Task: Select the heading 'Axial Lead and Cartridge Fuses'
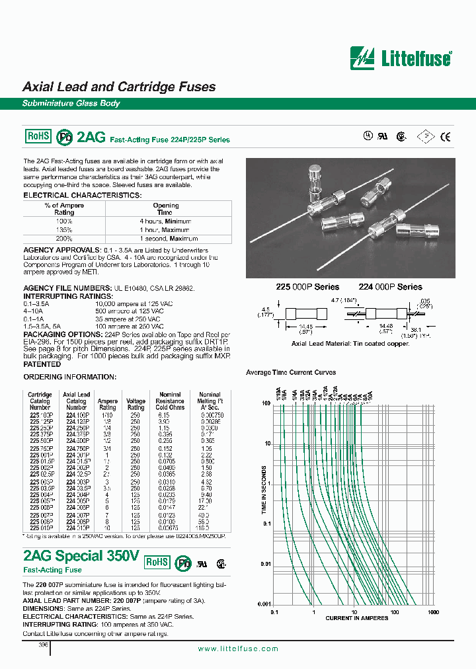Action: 119,87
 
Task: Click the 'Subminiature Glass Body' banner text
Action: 71,104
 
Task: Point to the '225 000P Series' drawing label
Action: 307,287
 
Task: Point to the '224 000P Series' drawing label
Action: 390,287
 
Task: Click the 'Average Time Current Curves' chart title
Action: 290,373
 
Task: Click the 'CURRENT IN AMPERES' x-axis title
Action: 353,618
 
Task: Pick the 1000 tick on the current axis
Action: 433,612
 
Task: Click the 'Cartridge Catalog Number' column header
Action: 40,401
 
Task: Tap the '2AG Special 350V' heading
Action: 81,556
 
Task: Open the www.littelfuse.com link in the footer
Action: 238,649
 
